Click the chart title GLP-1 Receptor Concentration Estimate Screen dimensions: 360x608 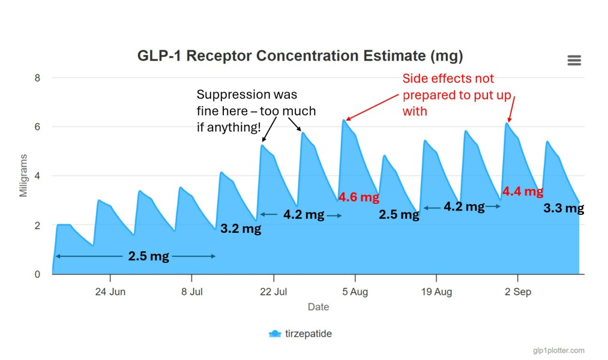coord(300,56)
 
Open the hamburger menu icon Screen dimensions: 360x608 coord(574,60)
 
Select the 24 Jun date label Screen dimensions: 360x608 coord(110,292)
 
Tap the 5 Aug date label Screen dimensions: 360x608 coord(354,292)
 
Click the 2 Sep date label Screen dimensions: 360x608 coord(517,292)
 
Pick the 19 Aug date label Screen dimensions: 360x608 coord(436,292)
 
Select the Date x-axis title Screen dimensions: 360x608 coord(318,307)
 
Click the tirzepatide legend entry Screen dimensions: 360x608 coord(300,334)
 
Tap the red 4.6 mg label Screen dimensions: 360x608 coord(358,197)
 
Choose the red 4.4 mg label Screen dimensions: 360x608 coord(522,191)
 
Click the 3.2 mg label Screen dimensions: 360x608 coord(241,229)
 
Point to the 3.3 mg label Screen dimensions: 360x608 coord(564,208)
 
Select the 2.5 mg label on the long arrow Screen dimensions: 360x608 coord(148,257)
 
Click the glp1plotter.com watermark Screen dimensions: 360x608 coord(558,350)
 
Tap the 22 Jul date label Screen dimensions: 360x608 coord(273,292)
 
